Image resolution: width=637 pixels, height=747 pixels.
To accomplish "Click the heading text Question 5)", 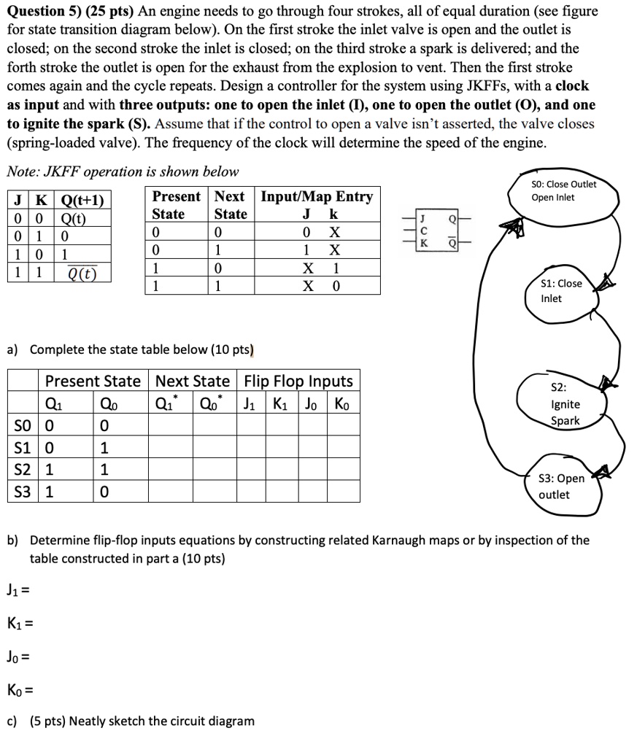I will point(49,12).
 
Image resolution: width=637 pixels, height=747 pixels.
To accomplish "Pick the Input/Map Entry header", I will point(317,196).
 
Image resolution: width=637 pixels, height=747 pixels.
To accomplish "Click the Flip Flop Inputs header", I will point(298,381).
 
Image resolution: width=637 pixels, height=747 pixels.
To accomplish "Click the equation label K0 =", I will point(20,689).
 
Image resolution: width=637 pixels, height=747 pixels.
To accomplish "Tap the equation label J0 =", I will point(18,657).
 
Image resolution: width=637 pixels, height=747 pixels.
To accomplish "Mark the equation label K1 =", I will point(19,624).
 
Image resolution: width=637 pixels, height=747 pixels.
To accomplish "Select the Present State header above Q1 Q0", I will point(93,381).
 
